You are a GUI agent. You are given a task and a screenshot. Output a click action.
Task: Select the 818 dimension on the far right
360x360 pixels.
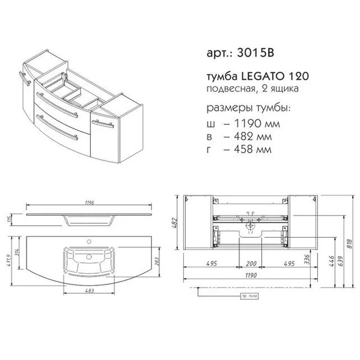pyautogui.click(x=349, y=244)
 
